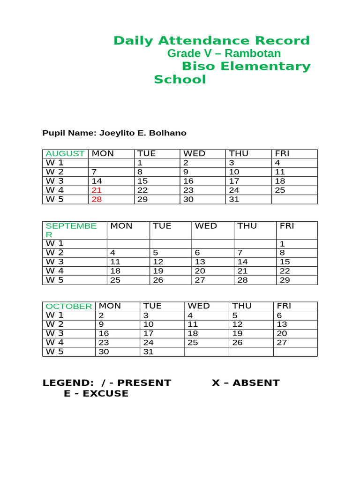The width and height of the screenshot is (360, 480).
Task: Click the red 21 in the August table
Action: pos(97,190)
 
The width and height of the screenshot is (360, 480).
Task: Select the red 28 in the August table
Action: pos(97,199)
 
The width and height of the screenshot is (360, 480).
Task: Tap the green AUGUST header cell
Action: pos(65,154)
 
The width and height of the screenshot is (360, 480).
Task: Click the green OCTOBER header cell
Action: pos(69,306)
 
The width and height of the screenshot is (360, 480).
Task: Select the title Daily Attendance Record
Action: pos(211,41)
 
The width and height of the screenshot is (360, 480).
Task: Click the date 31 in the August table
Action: pos(234,199)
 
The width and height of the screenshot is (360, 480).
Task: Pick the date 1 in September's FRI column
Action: pos(282,244)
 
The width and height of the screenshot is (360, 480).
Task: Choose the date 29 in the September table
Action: pos(285,280)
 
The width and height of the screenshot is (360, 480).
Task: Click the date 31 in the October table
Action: pos(148,352)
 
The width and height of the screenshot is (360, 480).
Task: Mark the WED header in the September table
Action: pos(206,226)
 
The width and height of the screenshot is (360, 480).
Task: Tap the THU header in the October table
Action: pos(242,306)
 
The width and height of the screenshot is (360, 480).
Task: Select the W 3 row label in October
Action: pos(54,333)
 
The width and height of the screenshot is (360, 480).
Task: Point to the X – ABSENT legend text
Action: pos(246,382)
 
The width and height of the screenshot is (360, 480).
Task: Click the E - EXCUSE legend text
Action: pos(96,394)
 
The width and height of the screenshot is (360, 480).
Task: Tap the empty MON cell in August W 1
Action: pos(111,163)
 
